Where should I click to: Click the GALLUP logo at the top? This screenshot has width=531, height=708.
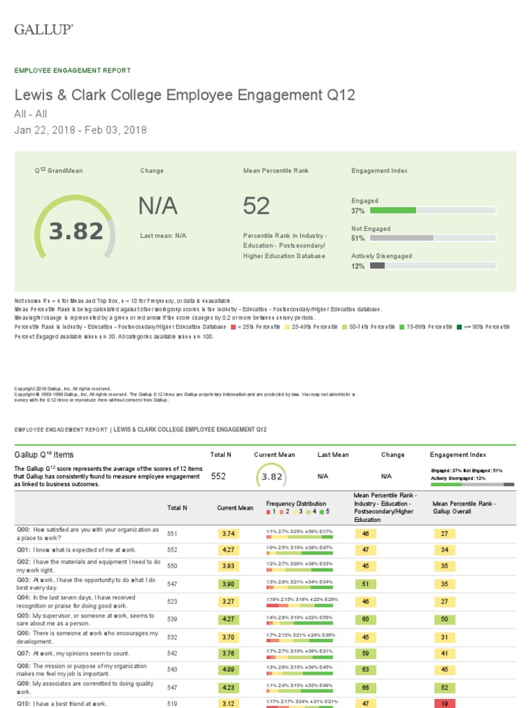44,29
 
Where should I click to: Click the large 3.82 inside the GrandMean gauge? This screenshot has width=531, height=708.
76,232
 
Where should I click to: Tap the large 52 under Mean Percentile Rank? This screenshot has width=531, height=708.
257,205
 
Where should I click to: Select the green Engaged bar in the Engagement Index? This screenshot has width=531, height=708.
393,210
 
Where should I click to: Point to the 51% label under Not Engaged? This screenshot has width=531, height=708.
358,239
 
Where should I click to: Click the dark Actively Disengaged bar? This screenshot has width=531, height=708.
378,265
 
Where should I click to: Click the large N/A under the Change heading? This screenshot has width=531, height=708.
158,205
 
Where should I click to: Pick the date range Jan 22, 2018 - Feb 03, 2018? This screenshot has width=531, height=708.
80,130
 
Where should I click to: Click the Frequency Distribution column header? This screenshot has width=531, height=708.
296,503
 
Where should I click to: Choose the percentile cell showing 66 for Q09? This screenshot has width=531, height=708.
365,687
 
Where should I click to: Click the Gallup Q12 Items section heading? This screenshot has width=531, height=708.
44,455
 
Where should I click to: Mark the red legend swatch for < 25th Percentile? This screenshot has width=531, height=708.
234,327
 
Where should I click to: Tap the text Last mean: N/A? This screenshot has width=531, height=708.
163,236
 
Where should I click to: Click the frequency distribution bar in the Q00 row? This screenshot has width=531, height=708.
299,537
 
